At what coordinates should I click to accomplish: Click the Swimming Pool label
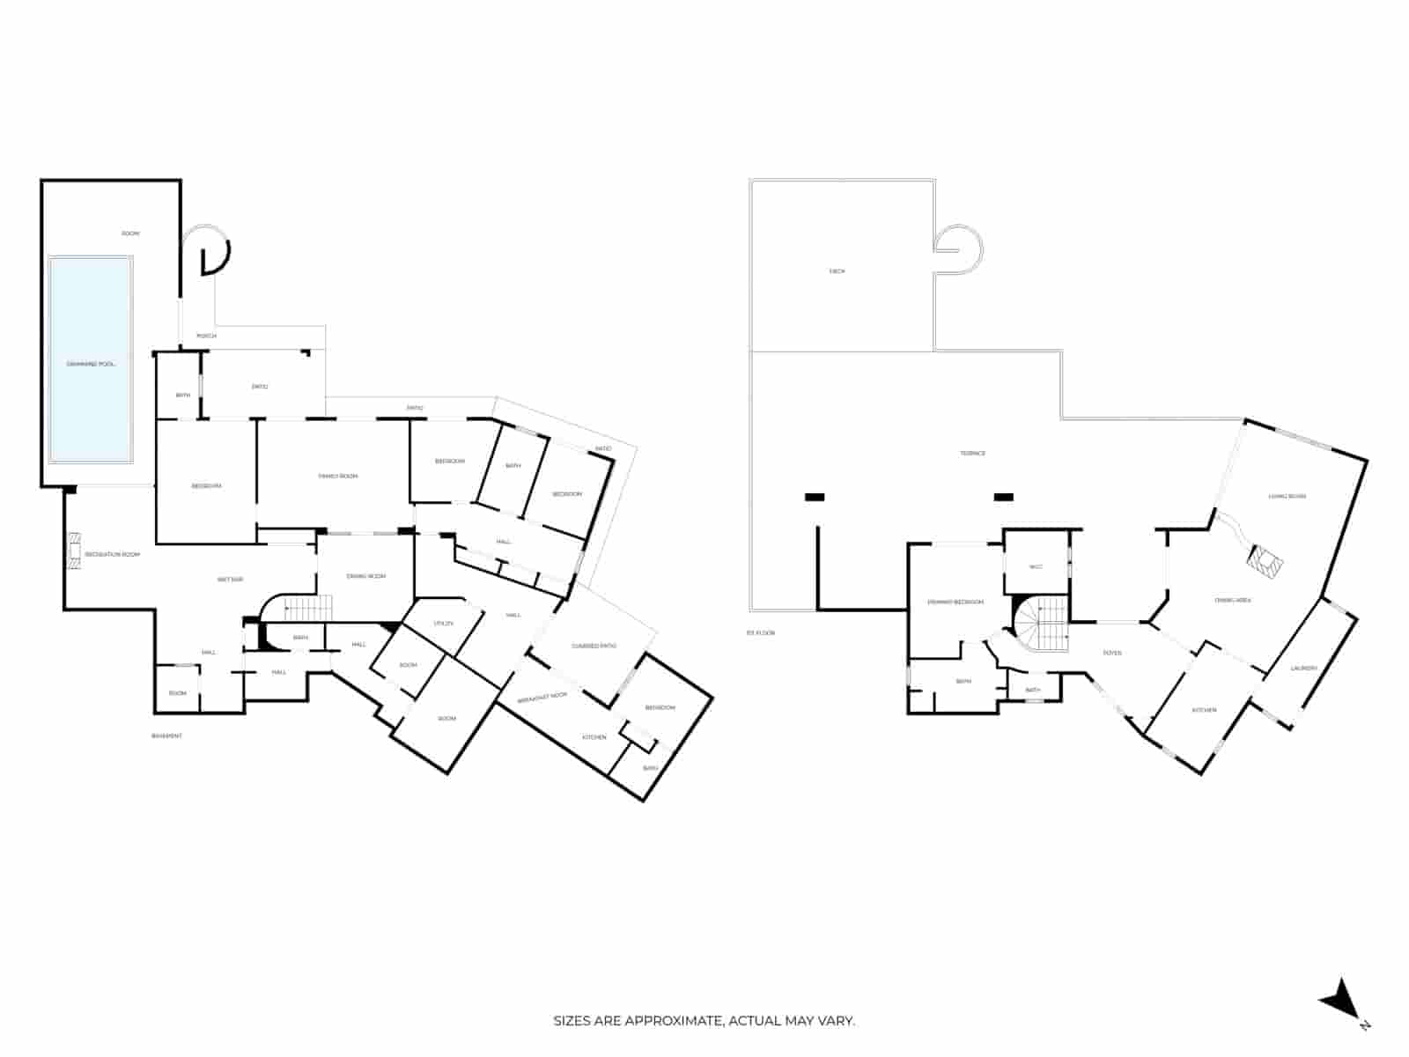click(x=91, y=364)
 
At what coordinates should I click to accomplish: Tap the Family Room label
click(x=338, y=477)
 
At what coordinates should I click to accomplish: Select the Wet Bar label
click(x=230, y=580)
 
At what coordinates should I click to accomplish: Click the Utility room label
click(x=443, y=624)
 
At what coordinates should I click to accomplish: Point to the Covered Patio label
click(x=594, y=646)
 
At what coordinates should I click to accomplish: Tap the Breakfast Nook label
click(x=542, y=697)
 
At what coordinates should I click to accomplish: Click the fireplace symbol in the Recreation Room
click(x=75, y=550)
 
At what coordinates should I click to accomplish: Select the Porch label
click(x=206, y=336)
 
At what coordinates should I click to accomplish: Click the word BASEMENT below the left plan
click(x=166, y=735)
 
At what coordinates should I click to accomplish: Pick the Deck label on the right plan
click(x=837, y=271)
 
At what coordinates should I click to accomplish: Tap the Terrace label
click(x=972, y=453)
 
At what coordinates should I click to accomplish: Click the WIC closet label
click(x=1036, y=566)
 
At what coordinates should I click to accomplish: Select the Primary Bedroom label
click(x=955, y=602)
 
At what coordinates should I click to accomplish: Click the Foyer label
click(x=1112, y=653)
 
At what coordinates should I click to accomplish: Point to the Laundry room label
click(x=1303, y=668)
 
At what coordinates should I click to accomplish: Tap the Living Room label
click(x=1287, y=496)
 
